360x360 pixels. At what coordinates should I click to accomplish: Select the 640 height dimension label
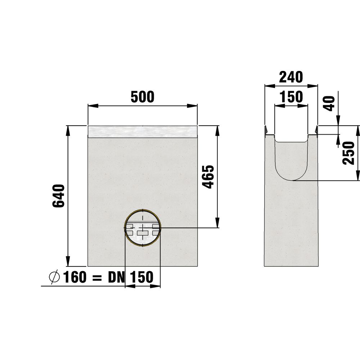coord(59,196)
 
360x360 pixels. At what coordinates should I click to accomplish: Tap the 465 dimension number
coord(209,176)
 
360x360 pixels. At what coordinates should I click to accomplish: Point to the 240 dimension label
coord(291,77)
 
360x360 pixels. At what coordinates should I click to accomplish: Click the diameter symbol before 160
coord(54,277)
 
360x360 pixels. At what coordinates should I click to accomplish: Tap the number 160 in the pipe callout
coord(75,277)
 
